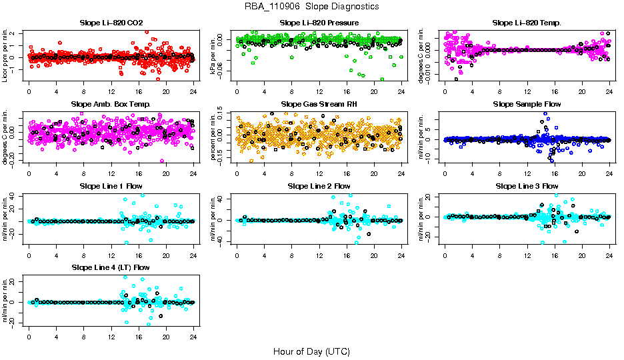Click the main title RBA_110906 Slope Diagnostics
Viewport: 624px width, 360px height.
pyautogui.click(x=312, y=7)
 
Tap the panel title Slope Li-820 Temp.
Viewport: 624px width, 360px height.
pyautogui.click(x=527, y=23)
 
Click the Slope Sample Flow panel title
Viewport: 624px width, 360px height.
pyautogui.click(x=527, y=105)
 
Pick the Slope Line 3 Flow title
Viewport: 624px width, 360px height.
pyautogui.click(x=527, y=186)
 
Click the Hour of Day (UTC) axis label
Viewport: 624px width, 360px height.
pyautogui.click(x=311, y=351)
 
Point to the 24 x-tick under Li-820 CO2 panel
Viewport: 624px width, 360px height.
pyautogui.click(x=193, y=92)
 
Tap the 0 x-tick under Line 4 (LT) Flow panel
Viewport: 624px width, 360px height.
pyautogui.click(x=29, y=337)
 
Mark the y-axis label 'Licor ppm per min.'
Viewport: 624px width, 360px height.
pyautogui.click(x=5, y=56)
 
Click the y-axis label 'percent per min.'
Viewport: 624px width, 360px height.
pyautogui.click(x=213, y=137)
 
